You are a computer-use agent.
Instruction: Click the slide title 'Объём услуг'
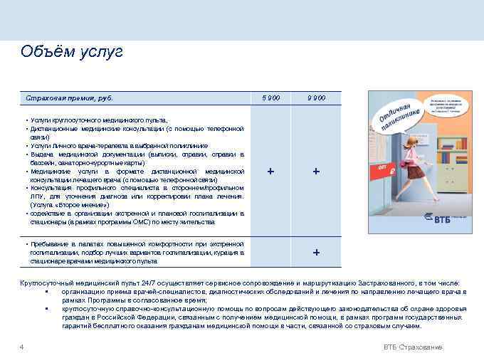(x=72, y=52)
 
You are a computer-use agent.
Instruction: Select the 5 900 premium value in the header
(x=271, y=98)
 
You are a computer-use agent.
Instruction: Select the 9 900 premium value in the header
(x=317, y=98)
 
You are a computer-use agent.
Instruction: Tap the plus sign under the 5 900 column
(x=270, y=172)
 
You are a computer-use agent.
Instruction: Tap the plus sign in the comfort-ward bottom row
(x=316, y=253)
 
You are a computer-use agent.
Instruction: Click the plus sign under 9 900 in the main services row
(x=316, y=172)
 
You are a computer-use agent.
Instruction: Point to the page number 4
(x=22, y=347)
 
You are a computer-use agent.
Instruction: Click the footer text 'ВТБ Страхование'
(x=413, y=347)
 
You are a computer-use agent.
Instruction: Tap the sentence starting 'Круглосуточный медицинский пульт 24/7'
(x=242, y=283)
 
